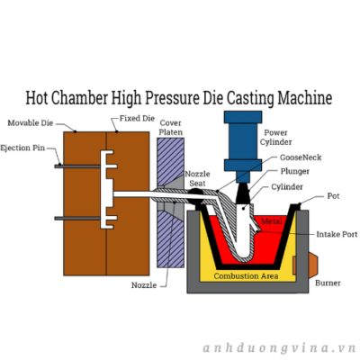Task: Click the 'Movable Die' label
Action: click(x=31, y=123)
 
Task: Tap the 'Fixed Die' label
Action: click(x=137, y=119)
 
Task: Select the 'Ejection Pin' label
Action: click(x=22, y=148)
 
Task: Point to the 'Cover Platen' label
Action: click(x=171, y=128)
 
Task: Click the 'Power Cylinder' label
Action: click(x=275, y=137)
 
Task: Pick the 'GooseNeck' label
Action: click(x=301, y=157)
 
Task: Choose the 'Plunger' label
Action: click(x=295, y=171)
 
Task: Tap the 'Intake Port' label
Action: click(x=337, y=234)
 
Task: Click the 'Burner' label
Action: click(x=328, y=283)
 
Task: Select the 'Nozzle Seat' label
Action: click(x=197, y=178)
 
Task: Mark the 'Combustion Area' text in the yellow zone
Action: click(x=246, y=276)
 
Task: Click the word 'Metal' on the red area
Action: click(x=272, y=221)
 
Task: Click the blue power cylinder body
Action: click(x=243, y=141)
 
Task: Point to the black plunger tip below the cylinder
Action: click(x=243, y=193)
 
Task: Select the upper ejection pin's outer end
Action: click(x=56, y=166)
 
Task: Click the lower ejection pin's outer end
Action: click(x=56, y=219)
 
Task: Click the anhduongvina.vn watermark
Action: click(x=280, y=348)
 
